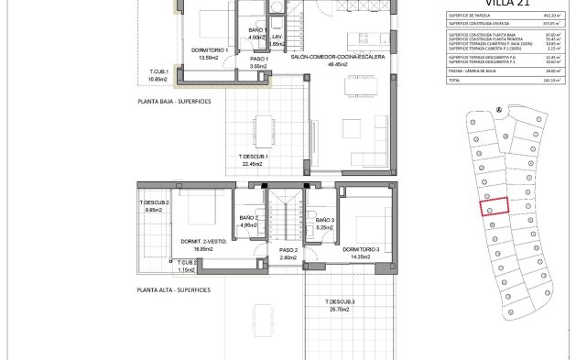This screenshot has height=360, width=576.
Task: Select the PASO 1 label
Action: click(257, 57)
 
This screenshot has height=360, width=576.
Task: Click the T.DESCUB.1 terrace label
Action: click(254, 156)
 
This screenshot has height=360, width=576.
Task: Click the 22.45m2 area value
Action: click(254, 164)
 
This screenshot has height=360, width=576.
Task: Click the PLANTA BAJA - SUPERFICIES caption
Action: click(173, 102)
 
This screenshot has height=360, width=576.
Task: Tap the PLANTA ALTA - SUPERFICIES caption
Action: click(173, 289)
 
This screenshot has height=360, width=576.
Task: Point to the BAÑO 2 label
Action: click(250, 218)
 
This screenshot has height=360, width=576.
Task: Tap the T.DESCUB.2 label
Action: click(154, 202)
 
